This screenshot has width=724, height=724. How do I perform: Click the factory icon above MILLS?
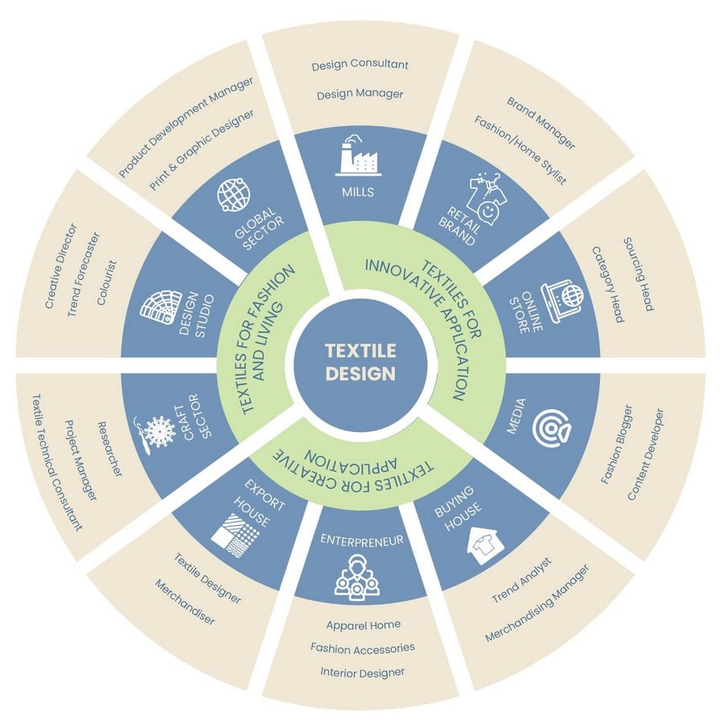358,155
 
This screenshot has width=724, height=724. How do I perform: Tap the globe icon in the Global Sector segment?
234,195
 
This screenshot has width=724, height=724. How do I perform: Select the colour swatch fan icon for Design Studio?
158,307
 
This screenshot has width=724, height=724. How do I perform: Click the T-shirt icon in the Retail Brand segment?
485,199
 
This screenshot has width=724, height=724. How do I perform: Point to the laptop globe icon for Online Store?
563,302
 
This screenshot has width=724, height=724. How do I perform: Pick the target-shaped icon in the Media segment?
552,429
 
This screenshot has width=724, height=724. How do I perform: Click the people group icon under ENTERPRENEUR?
356,578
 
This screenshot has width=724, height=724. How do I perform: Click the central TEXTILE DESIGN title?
360,362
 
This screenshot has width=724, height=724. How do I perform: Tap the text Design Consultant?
360,64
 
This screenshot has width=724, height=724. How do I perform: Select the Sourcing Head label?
638,274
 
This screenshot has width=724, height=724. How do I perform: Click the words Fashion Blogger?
616,444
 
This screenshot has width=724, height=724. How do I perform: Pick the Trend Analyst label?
521,580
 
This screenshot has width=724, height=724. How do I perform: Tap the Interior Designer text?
363,673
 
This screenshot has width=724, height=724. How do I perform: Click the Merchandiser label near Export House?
185,602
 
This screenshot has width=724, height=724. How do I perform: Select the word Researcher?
111,449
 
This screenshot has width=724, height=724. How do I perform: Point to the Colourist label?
107,282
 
